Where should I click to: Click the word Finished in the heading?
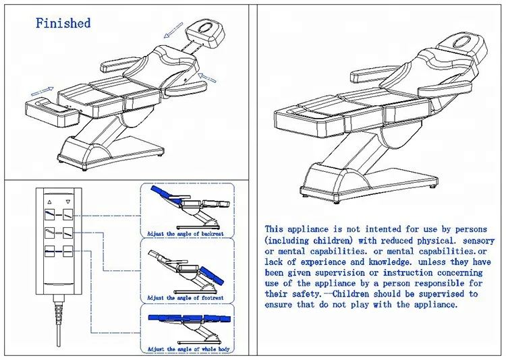pyautogui.click(x=63, y=23)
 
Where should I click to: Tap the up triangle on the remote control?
pyautogui.click(x=49, y=201)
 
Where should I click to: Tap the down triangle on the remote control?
pyautogui.click(x=67, y=201)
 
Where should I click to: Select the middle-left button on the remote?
pyautogui.click(x=49, y=233)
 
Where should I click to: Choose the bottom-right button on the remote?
pyautogui.click(x=67, y=251)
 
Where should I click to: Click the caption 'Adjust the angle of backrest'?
pyautogui.click(x=186, y=233)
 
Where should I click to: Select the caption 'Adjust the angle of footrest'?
pyautogui.click(x=186, y=297)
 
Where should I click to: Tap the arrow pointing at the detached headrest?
pyautogui.click(x=173, y=29)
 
